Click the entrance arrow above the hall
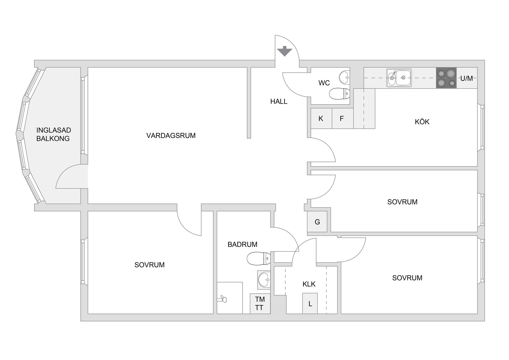tap(284, 51)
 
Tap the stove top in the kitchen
tap(446, 78)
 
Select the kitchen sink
tap(399, 78)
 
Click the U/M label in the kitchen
tap(467, 78)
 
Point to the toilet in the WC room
tap(339, 94)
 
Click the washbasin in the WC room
tap(344, 77)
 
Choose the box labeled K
tap(321, 119)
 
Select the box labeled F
tap(342, 119)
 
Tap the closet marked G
tap(317, 222)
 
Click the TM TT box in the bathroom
tap(260, 303)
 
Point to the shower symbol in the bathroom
tap(222, 299)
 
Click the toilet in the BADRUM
tap(258, 258)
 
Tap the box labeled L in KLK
tap(310, 303)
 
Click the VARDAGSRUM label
tap(171, 136)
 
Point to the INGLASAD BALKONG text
tap(53, 134)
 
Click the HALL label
tap(279, 101)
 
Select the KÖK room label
tap(422, 122)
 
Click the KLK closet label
tap(309, 284)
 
